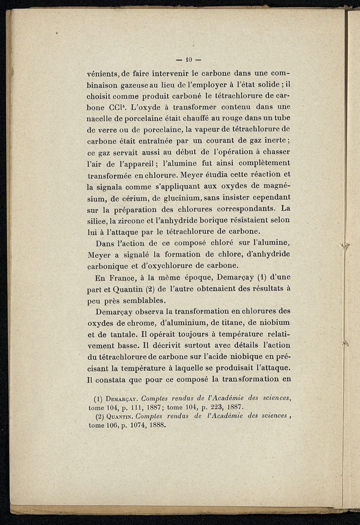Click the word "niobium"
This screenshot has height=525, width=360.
[273, 322]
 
